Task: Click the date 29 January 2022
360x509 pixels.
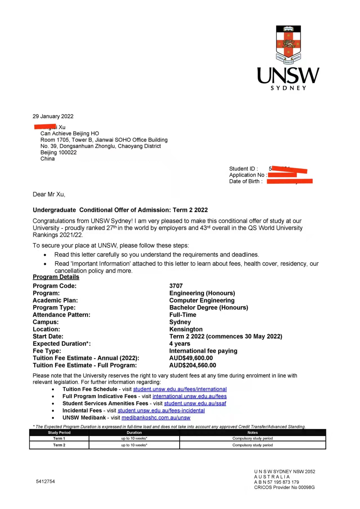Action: click(53, 116)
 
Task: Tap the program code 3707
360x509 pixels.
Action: click(176, 286)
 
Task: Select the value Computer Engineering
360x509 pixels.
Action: click(202, 300)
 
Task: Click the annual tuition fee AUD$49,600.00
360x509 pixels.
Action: click(191, 358)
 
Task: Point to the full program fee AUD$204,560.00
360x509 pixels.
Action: click(193, 365)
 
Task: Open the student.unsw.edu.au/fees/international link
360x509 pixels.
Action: click(180, 389)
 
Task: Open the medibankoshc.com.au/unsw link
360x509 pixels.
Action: click(156, 418)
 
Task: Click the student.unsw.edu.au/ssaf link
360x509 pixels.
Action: click(195, 403)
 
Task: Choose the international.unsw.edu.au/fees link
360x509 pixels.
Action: click(189, 396)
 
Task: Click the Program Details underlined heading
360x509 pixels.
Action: click(56, 277)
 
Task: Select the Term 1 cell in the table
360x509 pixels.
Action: click(59, 438)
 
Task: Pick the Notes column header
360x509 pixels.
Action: click(252, 433)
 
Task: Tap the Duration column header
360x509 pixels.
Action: click(134, 433)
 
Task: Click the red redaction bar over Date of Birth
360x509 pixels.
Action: click(290, 181)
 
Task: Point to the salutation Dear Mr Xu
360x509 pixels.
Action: click(49, 194)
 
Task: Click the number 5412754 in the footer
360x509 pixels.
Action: click(45, 481)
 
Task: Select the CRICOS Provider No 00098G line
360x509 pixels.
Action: click(284, 487)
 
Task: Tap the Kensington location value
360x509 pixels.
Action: click(186, 329)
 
